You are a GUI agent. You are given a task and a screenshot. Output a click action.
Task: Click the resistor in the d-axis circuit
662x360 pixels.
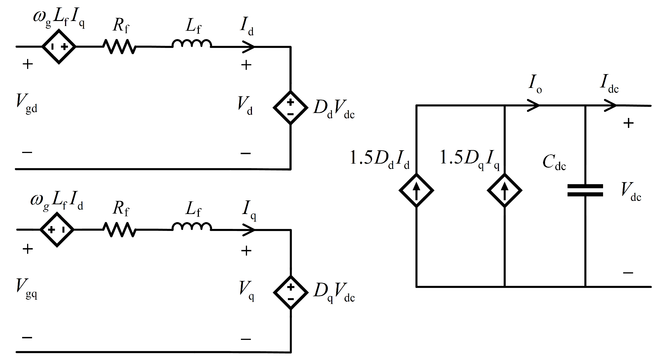tap(119, 47)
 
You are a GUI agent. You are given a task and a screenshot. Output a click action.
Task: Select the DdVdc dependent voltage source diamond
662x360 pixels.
tap(290, 108)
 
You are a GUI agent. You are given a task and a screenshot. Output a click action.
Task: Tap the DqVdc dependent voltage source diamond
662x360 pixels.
tap(291, 292)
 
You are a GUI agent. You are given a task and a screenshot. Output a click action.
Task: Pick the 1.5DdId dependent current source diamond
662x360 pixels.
tap(416, 191)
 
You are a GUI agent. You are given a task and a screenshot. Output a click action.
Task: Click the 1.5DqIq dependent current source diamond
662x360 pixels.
tap(504, 191)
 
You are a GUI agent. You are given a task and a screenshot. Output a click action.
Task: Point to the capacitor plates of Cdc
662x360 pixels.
tap(585, 191)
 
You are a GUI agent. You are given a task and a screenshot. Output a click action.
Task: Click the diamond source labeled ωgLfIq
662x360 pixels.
tap(59, 47)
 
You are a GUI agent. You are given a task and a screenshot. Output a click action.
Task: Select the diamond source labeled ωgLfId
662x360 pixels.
tap(57, 230)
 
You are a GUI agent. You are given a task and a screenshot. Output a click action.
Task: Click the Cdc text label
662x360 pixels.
tap(554, 162)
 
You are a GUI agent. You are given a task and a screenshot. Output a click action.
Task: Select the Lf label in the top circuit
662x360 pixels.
tap(193, 26)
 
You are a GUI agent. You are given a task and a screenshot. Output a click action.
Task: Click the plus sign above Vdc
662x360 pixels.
tap(628, 123)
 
